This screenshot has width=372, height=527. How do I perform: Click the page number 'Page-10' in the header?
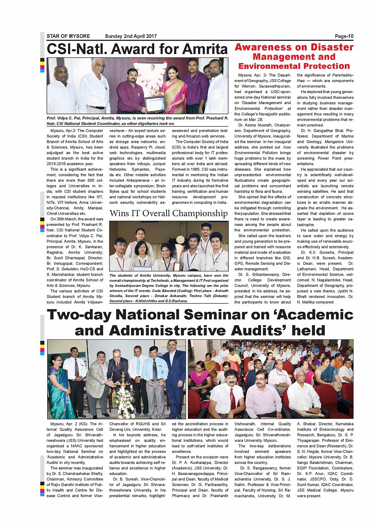click(344, 36)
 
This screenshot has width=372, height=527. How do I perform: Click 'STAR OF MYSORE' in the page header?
click(68, 36)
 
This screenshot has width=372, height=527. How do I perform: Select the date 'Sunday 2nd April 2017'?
click(131, 36)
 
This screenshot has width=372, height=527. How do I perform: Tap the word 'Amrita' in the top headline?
click(205, 49)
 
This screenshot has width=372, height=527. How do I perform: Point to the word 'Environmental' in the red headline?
click(267, 66)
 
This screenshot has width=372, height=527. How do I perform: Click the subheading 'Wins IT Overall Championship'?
click(168, 213)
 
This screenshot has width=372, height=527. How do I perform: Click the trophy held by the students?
click(180, 252)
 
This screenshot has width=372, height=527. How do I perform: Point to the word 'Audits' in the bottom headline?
click(263, 330)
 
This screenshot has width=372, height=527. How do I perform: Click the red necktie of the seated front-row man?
click(233, 399)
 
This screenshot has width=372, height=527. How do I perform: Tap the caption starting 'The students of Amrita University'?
click(168, 288)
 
